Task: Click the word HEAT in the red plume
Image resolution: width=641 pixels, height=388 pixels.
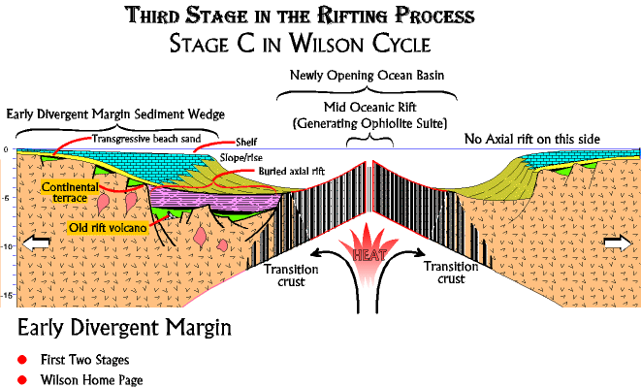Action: (x=369, y=255)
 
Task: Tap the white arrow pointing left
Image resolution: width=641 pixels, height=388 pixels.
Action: (x=36, y=242)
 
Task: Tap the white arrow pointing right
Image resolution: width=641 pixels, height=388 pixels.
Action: (x=618, y=242)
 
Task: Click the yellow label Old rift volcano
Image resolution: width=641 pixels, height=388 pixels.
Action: (x=108, y=228)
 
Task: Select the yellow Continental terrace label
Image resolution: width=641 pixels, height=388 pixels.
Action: (x=70, y=192)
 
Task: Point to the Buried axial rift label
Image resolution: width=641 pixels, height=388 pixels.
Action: (x=292, y=171)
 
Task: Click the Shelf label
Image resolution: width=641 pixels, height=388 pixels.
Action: (x=246, y=142)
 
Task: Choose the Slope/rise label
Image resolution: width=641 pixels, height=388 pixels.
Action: (x=241, y=158)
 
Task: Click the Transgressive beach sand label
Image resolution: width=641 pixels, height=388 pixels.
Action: (x=146, y=139)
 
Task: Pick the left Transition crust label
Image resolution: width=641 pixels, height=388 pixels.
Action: (x=291, y=275)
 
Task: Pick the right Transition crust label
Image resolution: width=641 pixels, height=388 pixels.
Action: (x=451, y=273)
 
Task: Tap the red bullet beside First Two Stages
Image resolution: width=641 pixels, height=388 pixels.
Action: (x=22, y=360)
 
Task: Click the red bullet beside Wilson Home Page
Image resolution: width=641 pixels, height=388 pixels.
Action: (x=22, y=380)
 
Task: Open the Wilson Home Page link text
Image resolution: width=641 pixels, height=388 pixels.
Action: (x=91, y=380)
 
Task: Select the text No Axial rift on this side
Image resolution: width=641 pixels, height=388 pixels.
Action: (x=531, y=139)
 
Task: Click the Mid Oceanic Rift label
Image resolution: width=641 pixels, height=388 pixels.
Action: (x=370, y=107)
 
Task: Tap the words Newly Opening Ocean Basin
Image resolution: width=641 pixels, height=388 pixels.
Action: (x=367, y=76)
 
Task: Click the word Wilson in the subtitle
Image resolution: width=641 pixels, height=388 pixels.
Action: (x=328, y=44)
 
